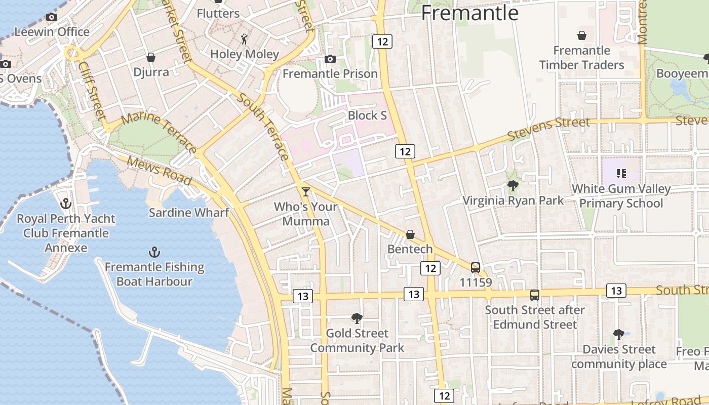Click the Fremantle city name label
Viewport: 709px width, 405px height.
tap(469, 13)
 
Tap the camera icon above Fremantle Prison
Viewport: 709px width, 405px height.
tap(330, 59)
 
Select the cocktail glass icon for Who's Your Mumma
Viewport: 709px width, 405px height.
tap(305, 191)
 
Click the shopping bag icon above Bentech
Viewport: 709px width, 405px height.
tap(410, 234)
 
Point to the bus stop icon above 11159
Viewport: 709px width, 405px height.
tap(475, 267)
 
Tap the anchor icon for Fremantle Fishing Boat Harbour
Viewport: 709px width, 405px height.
tap(154, 252)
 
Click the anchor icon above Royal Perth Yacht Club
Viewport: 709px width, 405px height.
tap(65, 204)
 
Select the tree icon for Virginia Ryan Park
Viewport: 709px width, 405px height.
tap(513, 186)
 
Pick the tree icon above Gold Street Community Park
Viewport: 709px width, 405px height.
tap(357, 318)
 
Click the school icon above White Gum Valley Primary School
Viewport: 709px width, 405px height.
tap(621, 174)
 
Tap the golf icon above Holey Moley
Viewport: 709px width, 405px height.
tap(245, 39)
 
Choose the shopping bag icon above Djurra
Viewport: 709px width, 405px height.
tap(150, 57)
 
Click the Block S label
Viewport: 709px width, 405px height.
tap(367, 115)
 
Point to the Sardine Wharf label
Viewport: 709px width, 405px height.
tap(189, 212)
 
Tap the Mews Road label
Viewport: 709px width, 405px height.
tap(159, 171)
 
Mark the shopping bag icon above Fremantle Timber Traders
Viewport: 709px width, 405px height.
tap(582, 35)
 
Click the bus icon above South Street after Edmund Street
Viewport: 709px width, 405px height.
tap(535, 295)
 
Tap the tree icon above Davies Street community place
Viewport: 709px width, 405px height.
tap(618, 335)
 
